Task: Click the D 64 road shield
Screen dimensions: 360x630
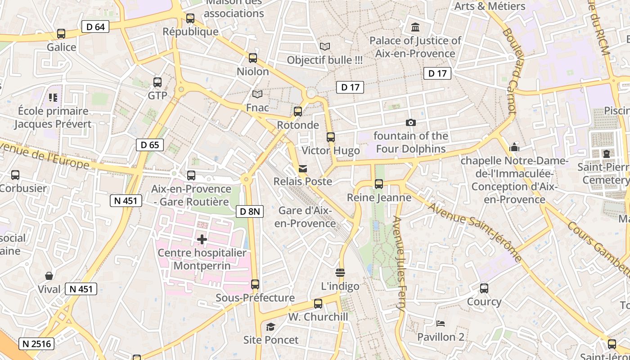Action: [95, 27]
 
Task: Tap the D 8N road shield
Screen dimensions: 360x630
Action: [249, 211]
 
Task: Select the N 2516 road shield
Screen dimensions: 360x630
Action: [37, 344]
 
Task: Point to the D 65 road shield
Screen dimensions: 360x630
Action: [150, 145]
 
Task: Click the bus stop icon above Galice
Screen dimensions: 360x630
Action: [61, 34]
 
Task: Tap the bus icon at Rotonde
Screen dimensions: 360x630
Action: [297, 112]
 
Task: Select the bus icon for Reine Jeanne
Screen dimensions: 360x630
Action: [379, 184]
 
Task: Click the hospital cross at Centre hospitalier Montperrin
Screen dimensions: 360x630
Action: [202, 239]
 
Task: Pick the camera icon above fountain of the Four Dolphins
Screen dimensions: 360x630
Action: [410, 122]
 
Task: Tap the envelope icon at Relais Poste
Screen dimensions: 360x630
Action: [303, 169]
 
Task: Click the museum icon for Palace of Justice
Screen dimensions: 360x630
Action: [415, 27]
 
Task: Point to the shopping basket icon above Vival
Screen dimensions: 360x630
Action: [49, 276]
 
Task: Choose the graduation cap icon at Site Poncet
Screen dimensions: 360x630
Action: [270, 327]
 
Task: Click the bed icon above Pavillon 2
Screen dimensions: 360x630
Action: [441, 324]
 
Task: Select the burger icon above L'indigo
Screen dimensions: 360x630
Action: [340, 273]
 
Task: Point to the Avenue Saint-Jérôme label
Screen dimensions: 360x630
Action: [474, 232]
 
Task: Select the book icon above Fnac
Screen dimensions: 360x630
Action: [257, 94]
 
